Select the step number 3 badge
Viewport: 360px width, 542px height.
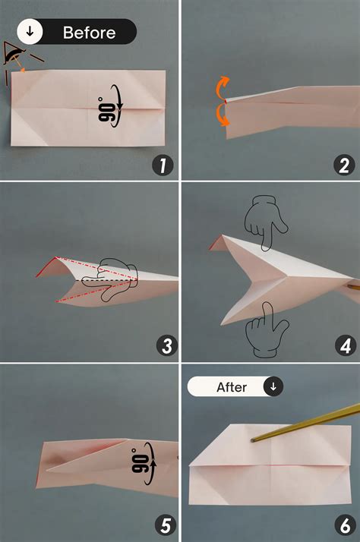click(166, 346)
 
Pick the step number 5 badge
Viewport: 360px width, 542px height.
click(166, 525)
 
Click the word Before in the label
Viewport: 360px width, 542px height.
click(89, 33)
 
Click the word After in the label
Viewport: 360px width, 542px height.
click(232, 387)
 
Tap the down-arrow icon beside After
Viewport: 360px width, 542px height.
click(273, 386)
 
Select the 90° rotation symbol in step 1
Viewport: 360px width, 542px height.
click(107, 109)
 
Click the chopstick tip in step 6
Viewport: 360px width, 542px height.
click(253, 438)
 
